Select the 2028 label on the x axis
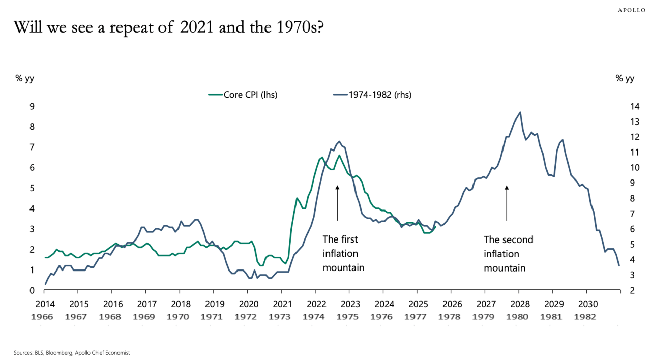tap(519, 304)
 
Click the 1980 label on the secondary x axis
tap(519, 316)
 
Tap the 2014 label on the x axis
tap(44, 304)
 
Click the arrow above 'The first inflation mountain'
tap(337, 203)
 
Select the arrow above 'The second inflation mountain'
tap(507, 203)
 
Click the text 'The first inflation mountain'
tap(343, 253)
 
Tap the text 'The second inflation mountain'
tap(508, 253)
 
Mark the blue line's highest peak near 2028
tap(519, 112)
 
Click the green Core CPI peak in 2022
tap(321, 157)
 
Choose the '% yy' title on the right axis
tap(625, 78)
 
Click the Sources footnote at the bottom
tap(72, 352)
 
